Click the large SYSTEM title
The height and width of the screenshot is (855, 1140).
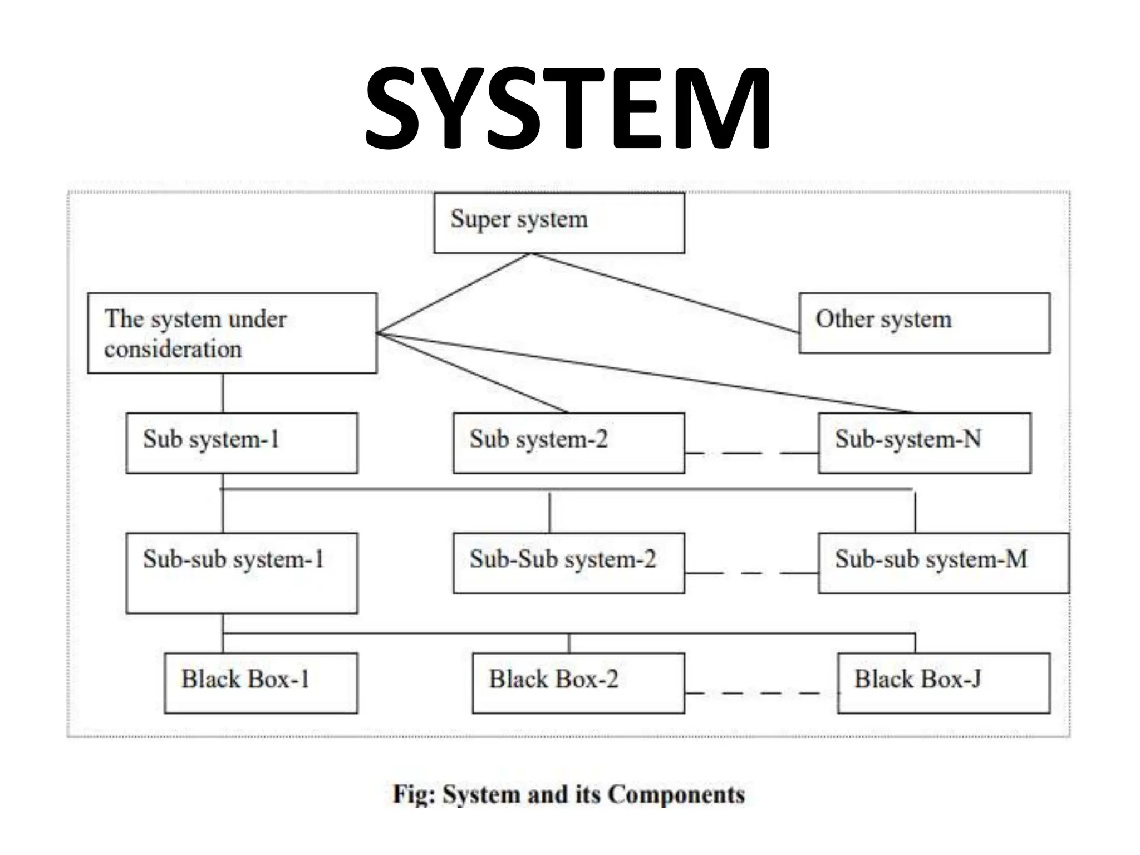tap(568, 109)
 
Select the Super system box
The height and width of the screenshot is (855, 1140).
tap(559, 223)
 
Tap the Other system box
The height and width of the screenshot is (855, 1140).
tap(924, 323)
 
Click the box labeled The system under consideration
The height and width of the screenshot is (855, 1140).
tap(232, 333)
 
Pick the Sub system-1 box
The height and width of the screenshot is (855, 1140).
tap(242, 443)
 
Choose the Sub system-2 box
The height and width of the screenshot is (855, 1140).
tap(568, 443)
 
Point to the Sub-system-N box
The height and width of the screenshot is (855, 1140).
tap(924, 443)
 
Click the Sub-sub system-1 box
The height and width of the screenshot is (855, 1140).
tap(242, 573)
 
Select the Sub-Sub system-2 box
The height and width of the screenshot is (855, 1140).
tap(568, 563)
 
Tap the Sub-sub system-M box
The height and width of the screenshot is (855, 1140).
tap(943, 563)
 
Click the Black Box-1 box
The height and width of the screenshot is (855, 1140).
tap(261, 683)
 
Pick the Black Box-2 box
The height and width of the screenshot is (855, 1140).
tap(578, 683)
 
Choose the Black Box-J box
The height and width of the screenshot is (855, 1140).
tap(943, 683)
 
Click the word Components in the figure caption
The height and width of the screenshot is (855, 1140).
tap(676, 794)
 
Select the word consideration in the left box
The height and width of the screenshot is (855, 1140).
tap(173, 350)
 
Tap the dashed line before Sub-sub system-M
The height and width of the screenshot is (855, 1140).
tap(751, 572)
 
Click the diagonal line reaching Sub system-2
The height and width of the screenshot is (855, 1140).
tap(473, 373)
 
